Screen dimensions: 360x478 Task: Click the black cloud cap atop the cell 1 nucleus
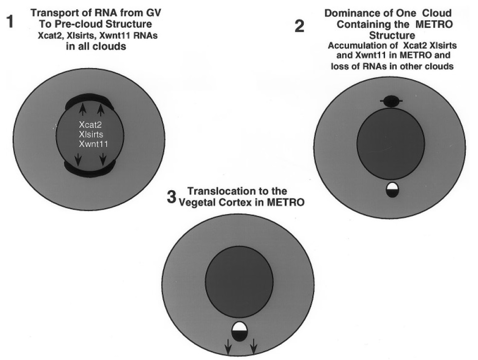90,101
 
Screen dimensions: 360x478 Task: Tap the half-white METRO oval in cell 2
392,190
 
